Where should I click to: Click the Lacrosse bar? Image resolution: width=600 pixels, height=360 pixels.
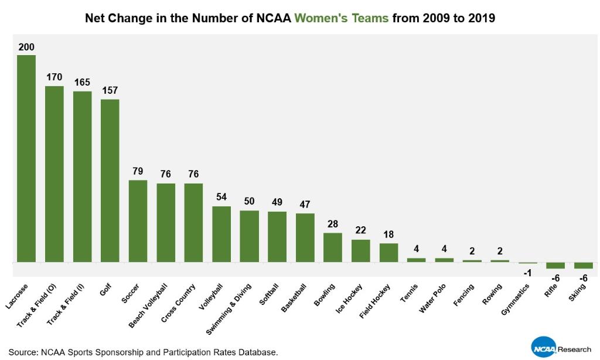tap(26, 158)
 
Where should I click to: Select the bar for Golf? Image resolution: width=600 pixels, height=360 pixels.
tap(110, 180)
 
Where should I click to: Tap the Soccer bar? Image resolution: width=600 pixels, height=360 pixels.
tap(138, 220)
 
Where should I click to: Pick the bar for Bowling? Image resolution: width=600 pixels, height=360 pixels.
tap(333, 247)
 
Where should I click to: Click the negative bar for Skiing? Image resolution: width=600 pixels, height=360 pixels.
tap(584, 265)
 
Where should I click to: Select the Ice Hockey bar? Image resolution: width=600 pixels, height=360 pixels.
tap(361, 250)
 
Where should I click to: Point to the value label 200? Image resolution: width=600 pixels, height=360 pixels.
tap(26, 47)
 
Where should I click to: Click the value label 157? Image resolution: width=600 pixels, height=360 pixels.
tap(110, 90)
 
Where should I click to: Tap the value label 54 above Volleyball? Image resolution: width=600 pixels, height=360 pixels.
tap(221, 197)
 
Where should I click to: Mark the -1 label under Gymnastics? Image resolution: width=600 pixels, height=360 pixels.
tap(527, 273)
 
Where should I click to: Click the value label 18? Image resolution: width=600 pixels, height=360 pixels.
tap(388, 235)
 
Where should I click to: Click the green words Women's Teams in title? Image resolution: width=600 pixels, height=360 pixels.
tap(353, 18)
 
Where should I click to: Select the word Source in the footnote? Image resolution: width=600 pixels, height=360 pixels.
tap(22, 352)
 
